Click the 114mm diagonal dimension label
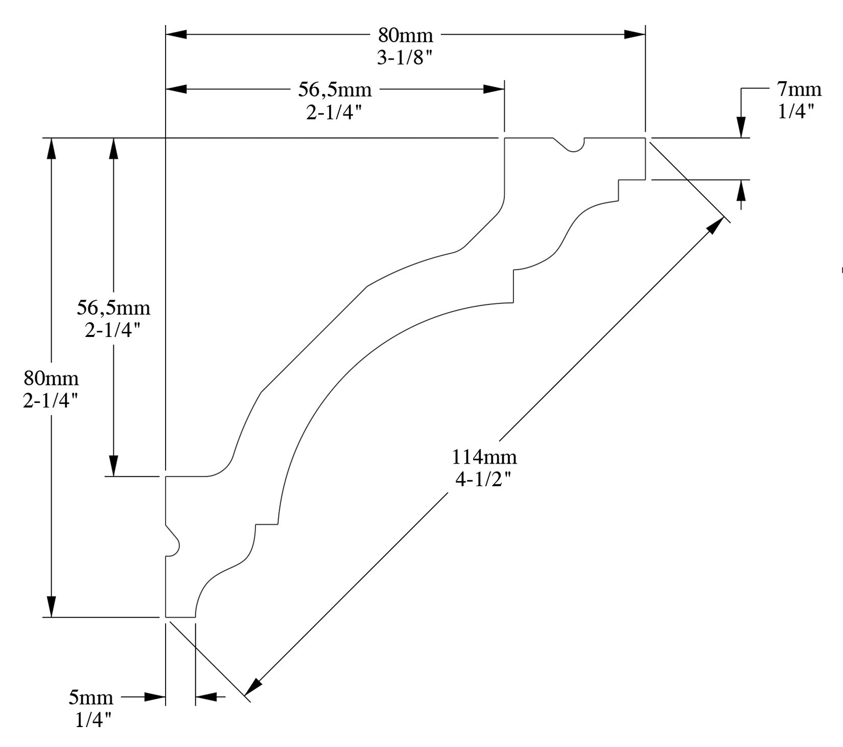pyautogui.click(x=484, y=457)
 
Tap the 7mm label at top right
pyautogui.click(x=799, y=89)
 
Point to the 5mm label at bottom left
pyautogui.click(x=91, y=697)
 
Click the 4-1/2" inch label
pyautogui.click(x=483, y=480)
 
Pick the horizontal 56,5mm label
pyautogui.click(x=335, y=90)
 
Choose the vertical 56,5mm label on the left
pyautogui.click(x=113, y=308)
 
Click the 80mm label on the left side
pyautogui.click(x=51, y=378)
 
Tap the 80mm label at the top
pyautogui.click(x=405, y=35)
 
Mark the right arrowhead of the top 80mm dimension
pyautogui.click(x=635, y=34)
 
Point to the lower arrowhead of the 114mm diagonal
pyautogui.click(x=254, y=688)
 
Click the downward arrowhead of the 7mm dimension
pyautogui.click(x=741, y=128)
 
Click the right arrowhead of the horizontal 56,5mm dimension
pyautogui.click(x=494, y=89)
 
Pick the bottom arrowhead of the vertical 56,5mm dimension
pyautogui.click(x=113, y=466)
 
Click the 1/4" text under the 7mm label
pyautogui.click(x=796, y=111)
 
